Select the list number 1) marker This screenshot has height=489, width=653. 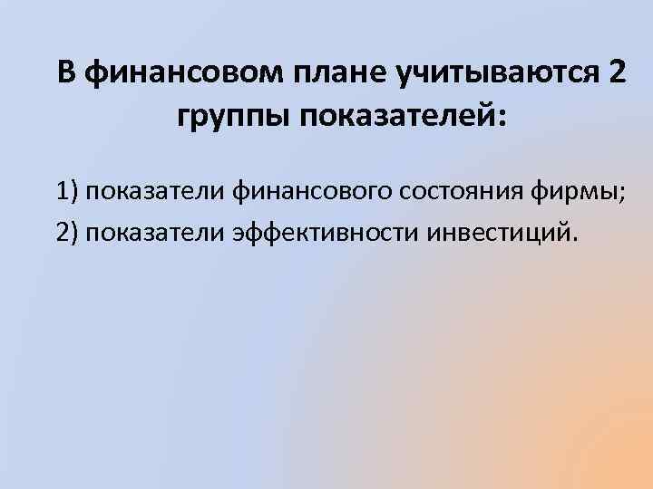click(67, 193)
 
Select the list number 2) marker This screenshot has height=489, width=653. click(67, 233)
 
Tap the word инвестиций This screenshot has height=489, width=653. click(503, 233)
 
